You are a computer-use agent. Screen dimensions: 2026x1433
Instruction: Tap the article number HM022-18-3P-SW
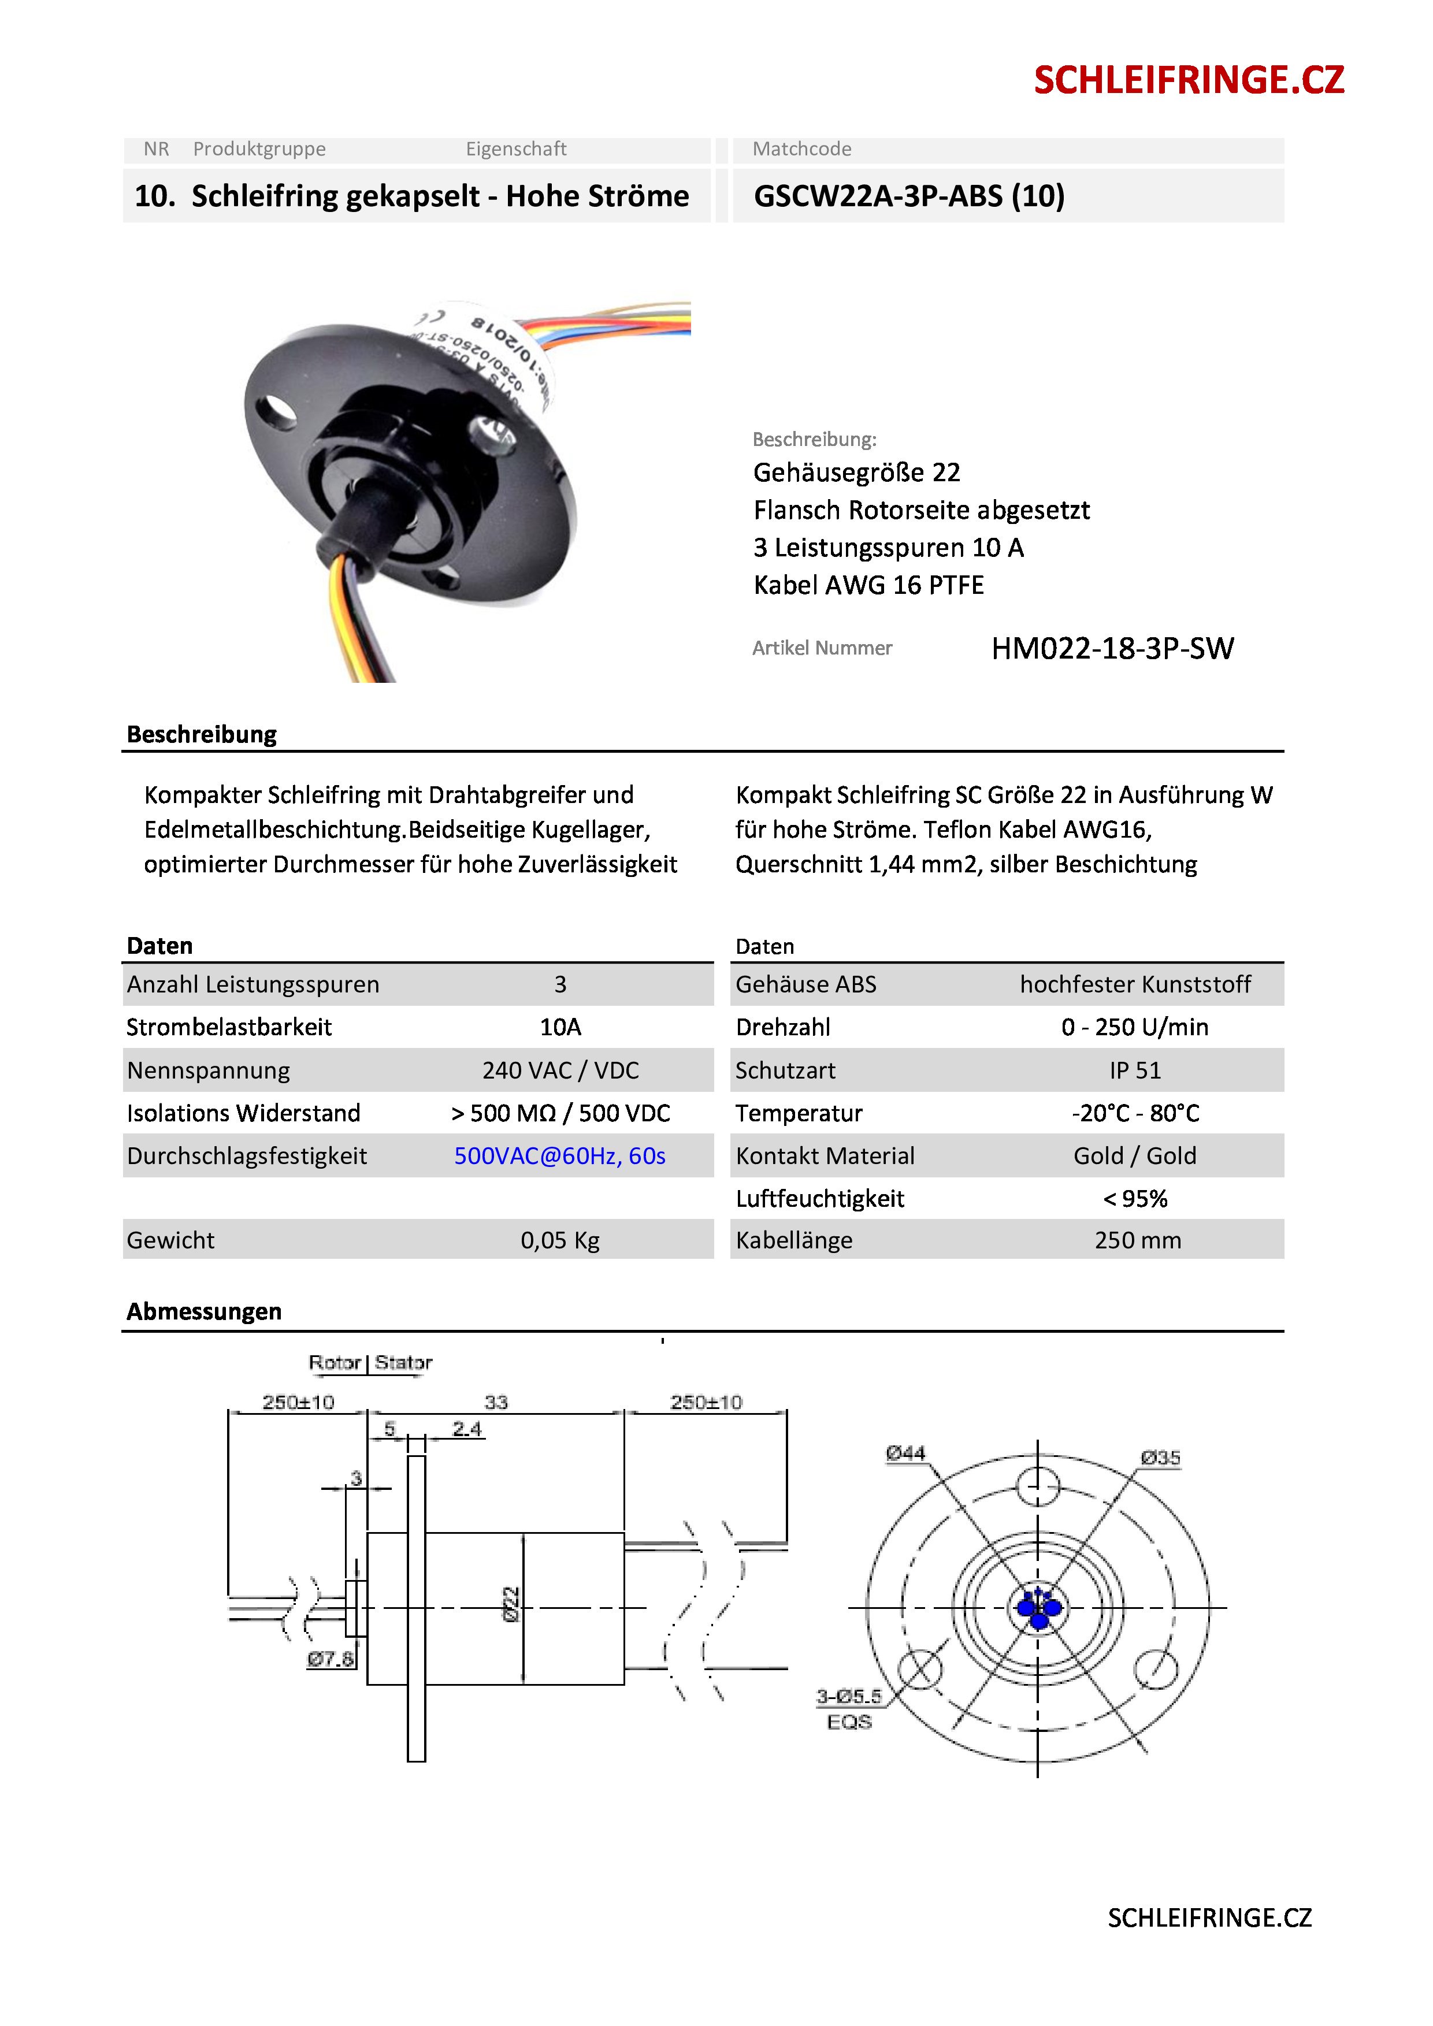coord(1112,649)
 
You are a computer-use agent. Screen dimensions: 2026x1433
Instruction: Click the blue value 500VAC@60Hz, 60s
coord(559,1156)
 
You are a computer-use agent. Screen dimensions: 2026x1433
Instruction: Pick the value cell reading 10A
coord(560,1027)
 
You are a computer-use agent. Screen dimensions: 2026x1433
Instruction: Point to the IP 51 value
coord(1135,1070)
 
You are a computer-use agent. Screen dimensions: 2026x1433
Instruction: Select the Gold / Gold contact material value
coord(1135,1156)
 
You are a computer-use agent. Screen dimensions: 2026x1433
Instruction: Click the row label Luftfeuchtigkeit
coord(820,1198)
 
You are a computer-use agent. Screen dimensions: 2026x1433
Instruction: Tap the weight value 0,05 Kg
coord(559,1241)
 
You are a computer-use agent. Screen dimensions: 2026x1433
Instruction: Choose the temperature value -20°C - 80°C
coord(1135,1113)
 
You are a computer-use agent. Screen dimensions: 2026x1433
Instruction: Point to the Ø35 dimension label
coord(1160,1458)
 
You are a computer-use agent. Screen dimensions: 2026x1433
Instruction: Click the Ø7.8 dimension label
coord(330,1659)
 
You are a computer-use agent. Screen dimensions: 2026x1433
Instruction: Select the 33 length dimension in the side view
coord(496,1402)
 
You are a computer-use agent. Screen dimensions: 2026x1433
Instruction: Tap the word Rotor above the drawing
coord(335,1362)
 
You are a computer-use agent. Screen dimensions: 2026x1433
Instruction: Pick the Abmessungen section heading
coord(204,1311)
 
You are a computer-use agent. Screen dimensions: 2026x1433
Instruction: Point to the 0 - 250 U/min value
coord(1135,1027)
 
